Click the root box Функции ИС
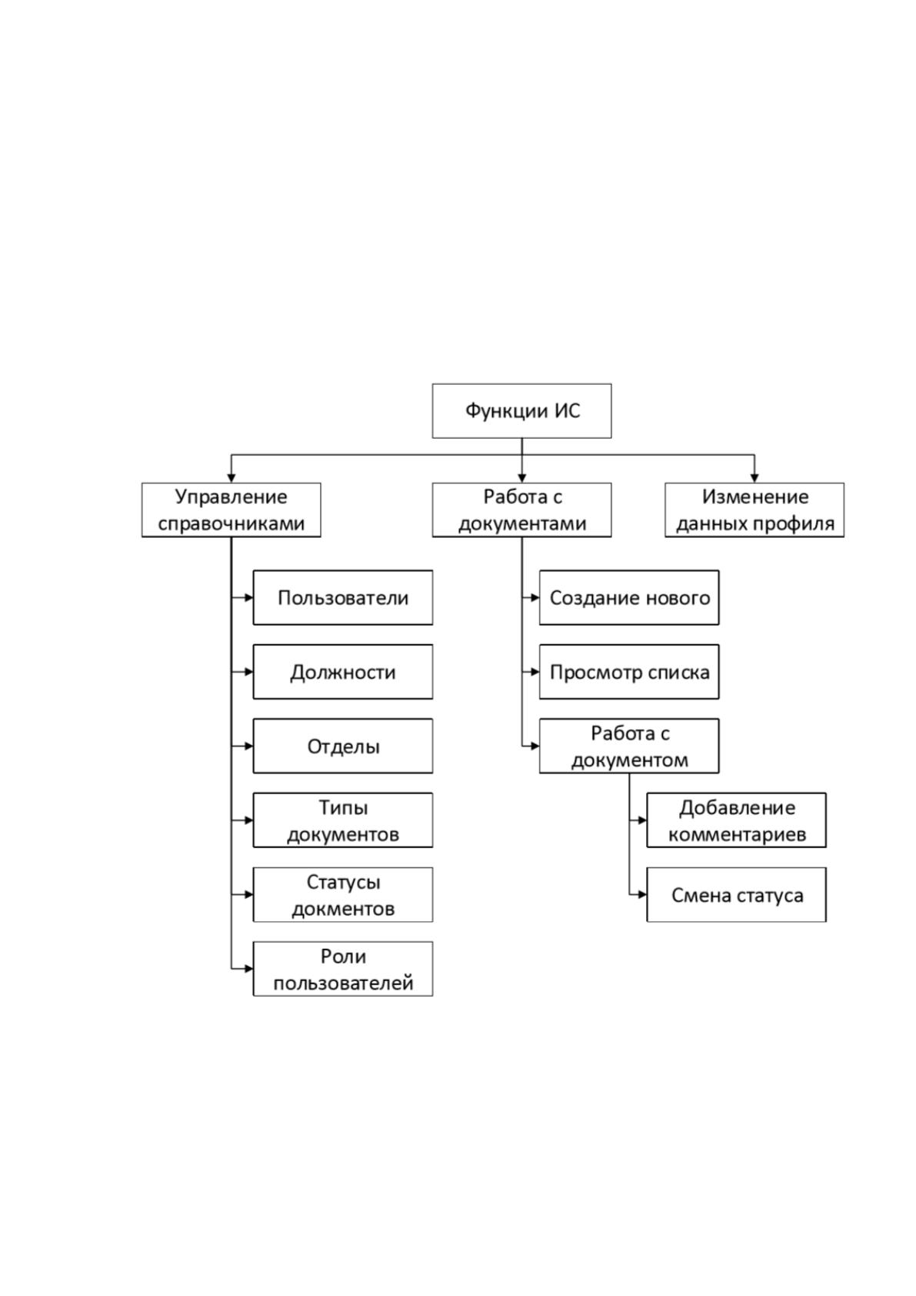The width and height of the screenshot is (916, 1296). coord(521,411)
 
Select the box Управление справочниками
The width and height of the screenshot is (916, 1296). coord(231,509)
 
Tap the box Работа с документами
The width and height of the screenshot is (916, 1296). coord(521,509)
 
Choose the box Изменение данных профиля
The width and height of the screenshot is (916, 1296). coord(754,509)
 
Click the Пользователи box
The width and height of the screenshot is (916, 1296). coord(343,598)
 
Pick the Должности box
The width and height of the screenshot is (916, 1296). coord(343,672)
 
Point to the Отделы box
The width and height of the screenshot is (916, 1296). coord(343,746)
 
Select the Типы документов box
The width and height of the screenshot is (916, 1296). coord(343,820)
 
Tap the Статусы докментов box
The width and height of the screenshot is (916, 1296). coord(343,894)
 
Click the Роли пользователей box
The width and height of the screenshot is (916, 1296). coord(343,968)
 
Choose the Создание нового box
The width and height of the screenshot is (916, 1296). coord(629,598)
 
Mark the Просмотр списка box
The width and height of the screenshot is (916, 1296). coord(629,672)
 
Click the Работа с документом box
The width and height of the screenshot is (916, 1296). coord(629,746)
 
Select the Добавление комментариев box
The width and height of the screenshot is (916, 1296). coord(736,820)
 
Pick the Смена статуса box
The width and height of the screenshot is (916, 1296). coord(736,894)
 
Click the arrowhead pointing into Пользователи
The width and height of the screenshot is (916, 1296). coord(248,598)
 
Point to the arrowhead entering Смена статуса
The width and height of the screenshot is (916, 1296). coord(642,894)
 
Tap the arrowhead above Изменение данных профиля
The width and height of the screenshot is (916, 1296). coord(754,478)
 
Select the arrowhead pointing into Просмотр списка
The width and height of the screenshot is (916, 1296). coord(535,672)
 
